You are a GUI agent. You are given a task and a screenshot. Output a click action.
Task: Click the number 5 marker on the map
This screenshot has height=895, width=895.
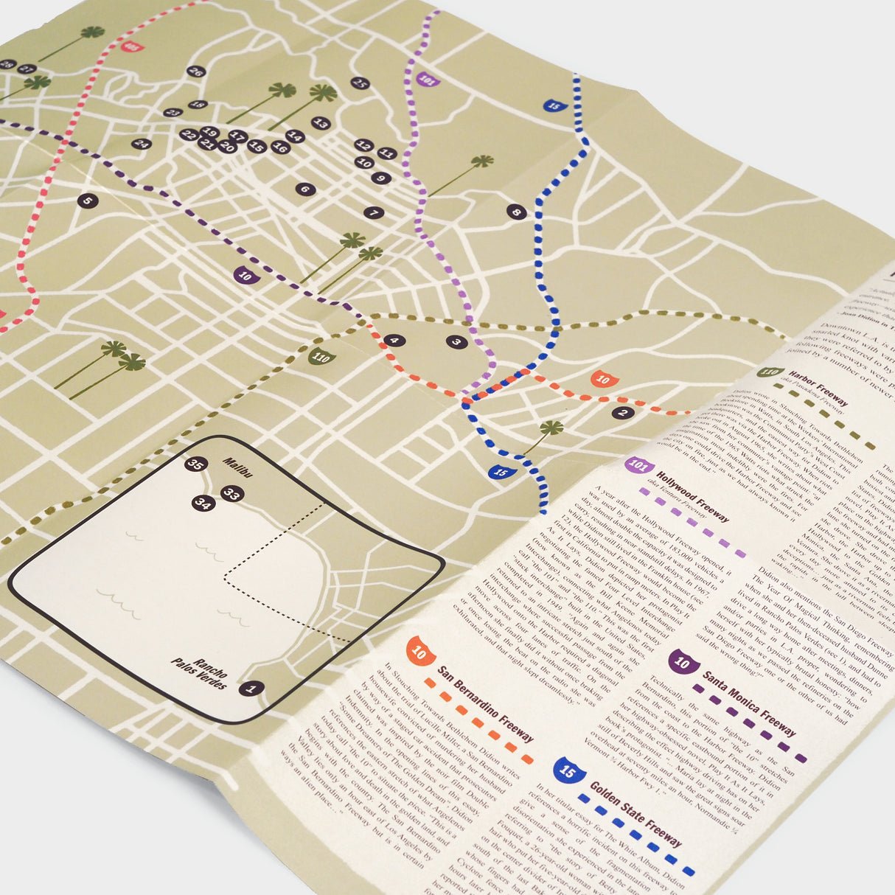click(87, 201)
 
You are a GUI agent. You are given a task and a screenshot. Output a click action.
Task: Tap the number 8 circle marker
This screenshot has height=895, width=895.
click(516, 213)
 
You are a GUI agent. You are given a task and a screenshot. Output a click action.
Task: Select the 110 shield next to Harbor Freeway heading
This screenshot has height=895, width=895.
click(772, 373)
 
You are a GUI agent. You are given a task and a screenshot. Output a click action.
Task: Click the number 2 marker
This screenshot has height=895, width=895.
click(623, 413)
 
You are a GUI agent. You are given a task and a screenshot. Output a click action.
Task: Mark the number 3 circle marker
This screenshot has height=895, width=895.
click(456, 341)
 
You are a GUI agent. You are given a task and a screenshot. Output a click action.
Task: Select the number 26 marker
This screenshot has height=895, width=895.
click(195, 72)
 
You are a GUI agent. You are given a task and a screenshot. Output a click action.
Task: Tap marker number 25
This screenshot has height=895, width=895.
click(359, 83)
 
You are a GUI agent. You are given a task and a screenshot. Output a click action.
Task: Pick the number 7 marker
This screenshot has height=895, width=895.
click(374, 213)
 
